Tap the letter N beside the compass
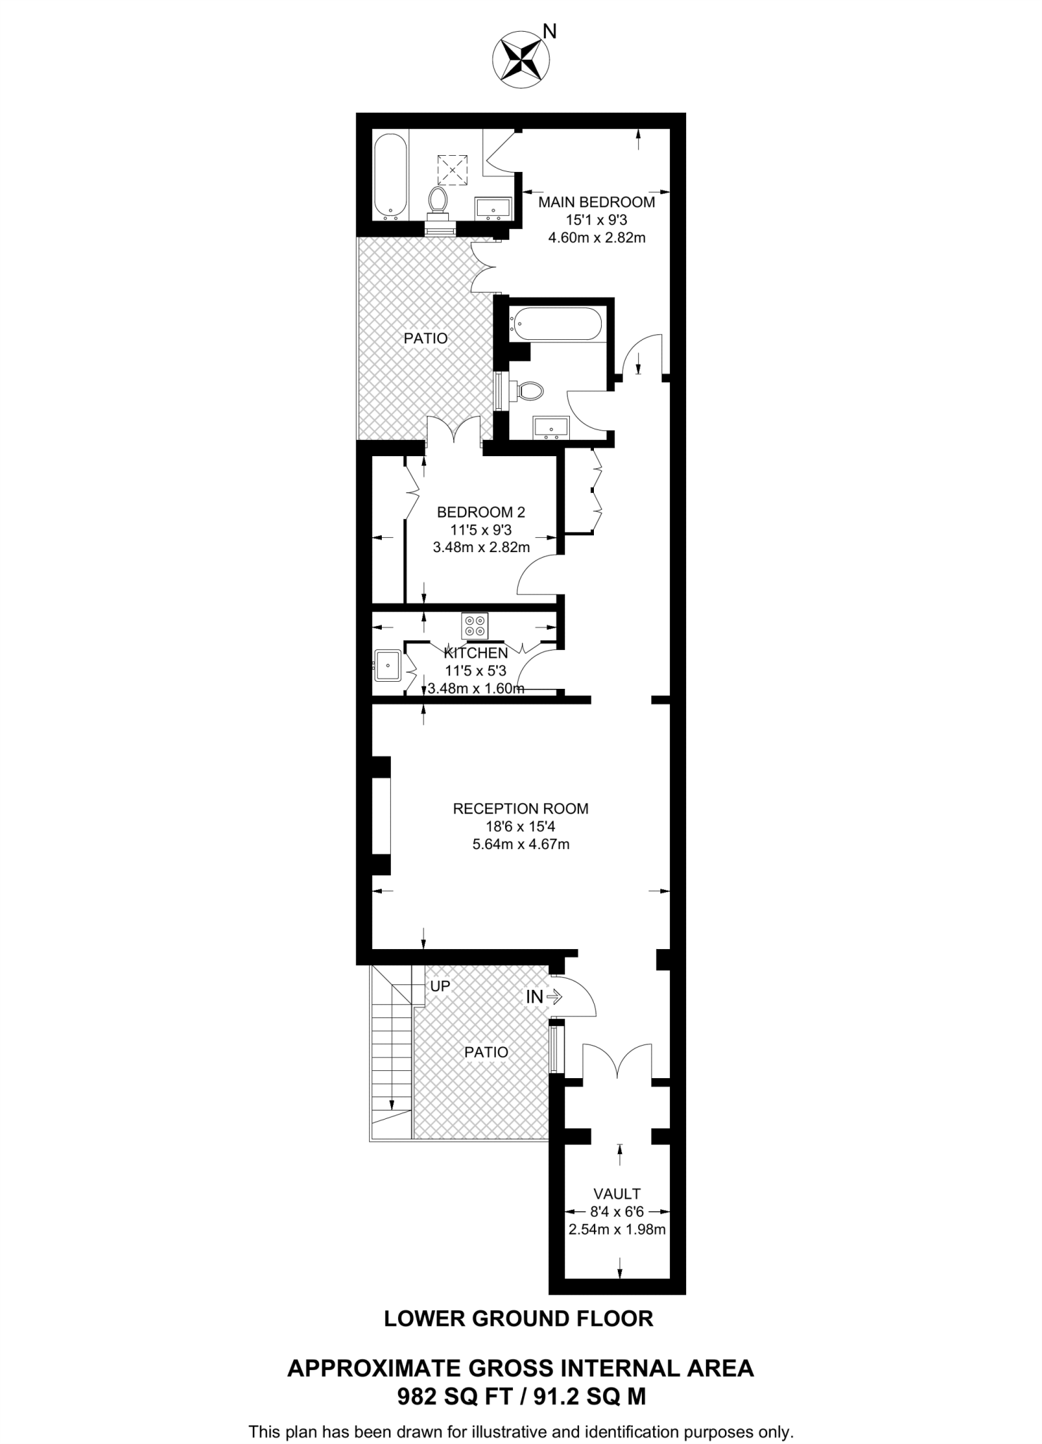click(550, 32)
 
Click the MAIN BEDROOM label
click(596, 202)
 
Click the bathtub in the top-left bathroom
click(390, 176)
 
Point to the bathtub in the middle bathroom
click(557, 324)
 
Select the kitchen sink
click(387, 666)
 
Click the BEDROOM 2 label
click(480, 512)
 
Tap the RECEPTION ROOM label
click(520, 809)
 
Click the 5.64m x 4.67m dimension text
click(520, 844)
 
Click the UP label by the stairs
click(440, 986)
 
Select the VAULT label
click(616, 1194)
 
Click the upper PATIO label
click(426, 338)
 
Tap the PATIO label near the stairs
click(486, 1052)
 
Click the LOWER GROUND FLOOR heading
click(519, 1318)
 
